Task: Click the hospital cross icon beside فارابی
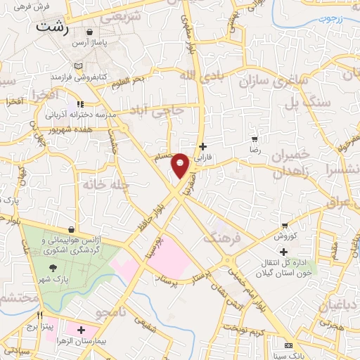pos(203,147)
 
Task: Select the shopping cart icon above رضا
pos(255,139)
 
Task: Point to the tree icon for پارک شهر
pos(53,268)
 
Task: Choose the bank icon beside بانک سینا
pos(289,345)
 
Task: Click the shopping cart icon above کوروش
pos(285,226)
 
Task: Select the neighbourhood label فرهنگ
pos(221,238)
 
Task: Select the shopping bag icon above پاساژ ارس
pos(90,32)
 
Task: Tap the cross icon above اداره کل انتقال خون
pos(283,252)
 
